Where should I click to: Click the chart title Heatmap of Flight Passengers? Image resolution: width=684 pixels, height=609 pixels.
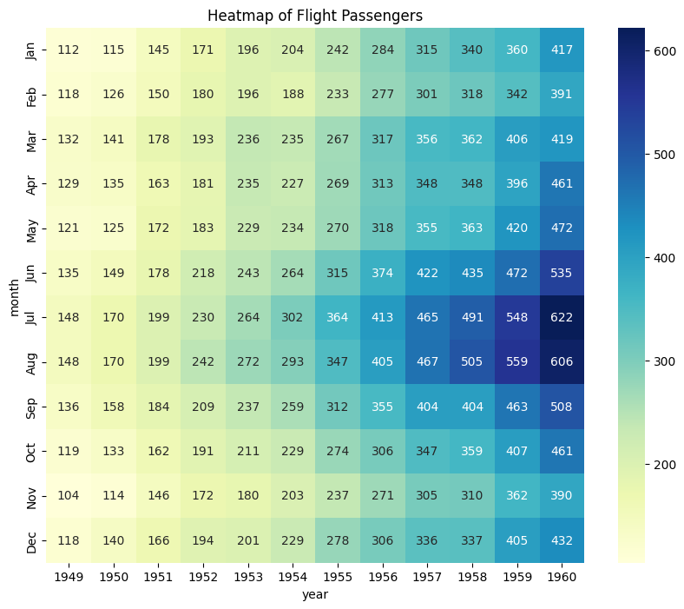coord(315,16)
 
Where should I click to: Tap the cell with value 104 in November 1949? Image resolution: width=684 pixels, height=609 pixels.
coord(68,496)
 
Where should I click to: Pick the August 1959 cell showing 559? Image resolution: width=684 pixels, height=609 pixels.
coord(516,362)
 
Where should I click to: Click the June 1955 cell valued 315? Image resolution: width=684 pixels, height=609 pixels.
coord(338,273)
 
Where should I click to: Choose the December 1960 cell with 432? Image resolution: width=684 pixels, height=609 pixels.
coord(562,540)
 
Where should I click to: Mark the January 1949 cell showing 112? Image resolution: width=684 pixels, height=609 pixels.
coord(68,50)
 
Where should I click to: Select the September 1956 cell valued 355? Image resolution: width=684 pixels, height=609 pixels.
coord(382,407)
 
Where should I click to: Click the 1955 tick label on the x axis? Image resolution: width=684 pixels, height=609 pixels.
coord(338,576)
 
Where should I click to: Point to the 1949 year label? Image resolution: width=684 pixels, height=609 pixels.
coord(68,576)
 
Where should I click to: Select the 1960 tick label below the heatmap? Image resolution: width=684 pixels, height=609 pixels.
coord(562,576)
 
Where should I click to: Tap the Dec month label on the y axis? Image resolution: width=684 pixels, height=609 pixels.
coord(32,540)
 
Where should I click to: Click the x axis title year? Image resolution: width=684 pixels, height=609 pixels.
coord(315,594)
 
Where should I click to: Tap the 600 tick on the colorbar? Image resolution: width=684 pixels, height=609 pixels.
coord(665,51)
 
